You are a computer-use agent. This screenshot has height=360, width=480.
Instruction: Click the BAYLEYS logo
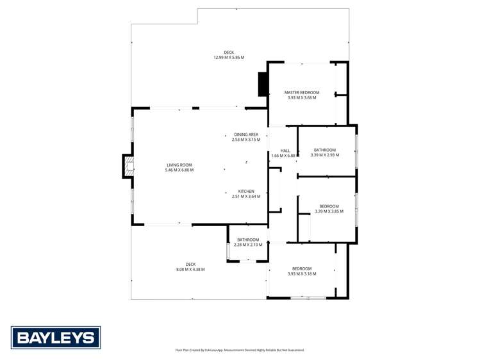56,338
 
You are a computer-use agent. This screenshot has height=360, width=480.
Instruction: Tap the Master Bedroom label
302,93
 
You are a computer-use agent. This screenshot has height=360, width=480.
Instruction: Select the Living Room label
179,165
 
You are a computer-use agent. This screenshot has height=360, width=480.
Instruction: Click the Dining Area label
246,135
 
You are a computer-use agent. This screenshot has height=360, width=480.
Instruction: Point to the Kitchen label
246,192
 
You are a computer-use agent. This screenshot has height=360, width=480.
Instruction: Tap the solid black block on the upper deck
263,85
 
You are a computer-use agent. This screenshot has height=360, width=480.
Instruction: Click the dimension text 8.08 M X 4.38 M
190,269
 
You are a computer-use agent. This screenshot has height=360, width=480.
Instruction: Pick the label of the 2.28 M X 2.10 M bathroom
248,240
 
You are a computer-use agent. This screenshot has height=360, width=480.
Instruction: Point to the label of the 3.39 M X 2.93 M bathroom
325,150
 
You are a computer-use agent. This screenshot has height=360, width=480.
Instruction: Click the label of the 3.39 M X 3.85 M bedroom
329,206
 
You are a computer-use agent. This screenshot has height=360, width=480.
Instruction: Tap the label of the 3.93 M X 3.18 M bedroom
302,268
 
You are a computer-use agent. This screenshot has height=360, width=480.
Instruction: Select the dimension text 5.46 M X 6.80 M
179,170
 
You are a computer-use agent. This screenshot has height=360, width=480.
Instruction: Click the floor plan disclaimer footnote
240,350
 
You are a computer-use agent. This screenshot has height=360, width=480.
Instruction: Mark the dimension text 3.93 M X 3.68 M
302,98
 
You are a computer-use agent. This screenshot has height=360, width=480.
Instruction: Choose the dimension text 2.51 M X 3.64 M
246,197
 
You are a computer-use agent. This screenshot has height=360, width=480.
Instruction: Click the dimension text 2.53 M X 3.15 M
246,140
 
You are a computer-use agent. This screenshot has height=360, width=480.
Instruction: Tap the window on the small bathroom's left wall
228,250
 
